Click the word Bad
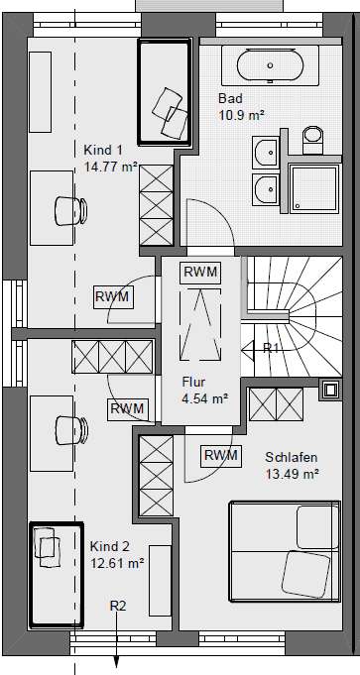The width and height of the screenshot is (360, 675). point(229,99)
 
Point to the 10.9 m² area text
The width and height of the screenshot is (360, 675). point(240,115)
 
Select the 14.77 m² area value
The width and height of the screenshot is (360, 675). point(110,167)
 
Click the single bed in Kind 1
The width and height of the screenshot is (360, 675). point(163,96)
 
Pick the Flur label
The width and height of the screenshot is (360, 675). point(193,382)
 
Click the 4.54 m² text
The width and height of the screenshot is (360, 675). point(205,398)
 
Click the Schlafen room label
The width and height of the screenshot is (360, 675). point(291,457)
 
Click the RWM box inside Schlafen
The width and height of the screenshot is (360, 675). point(220,455)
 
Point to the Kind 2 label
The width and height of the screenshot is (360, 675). point(110,546)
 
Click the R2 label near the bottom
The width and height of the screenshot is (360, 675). point(118,605)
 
